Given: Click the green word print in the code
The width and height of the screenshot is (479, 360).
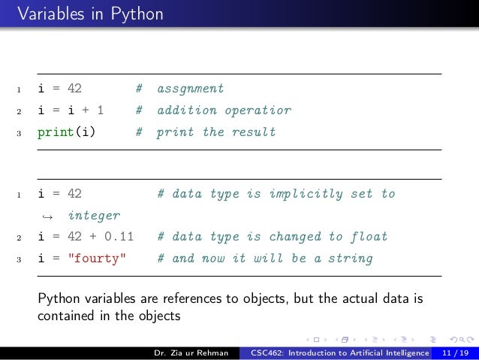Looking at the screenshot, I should (53, 132).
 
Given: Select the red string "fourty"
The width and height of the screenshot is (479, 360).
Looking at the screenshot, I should (98, 259).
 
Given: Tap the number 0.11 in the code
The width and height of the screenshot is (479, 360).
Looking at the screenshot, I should (119, 237).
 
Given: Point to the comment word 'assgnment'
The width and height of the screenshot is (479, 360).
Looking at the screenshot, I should (191, 89).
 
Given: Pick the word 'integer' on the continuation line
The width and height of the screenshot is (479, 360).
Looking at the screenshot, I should (94, 216).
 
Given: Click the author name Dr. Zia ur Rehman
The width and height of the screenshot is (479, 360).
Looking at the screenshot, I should (191, 352).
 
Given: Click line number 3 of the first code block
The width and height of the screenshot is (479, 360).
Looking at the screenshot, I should (18, 133).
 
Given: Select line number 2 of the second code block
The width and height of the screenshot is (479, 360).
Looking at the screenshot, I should (18, 237).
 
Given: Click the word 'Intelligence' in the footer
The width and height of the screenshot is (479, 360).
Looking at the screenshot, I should (400, 352).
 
